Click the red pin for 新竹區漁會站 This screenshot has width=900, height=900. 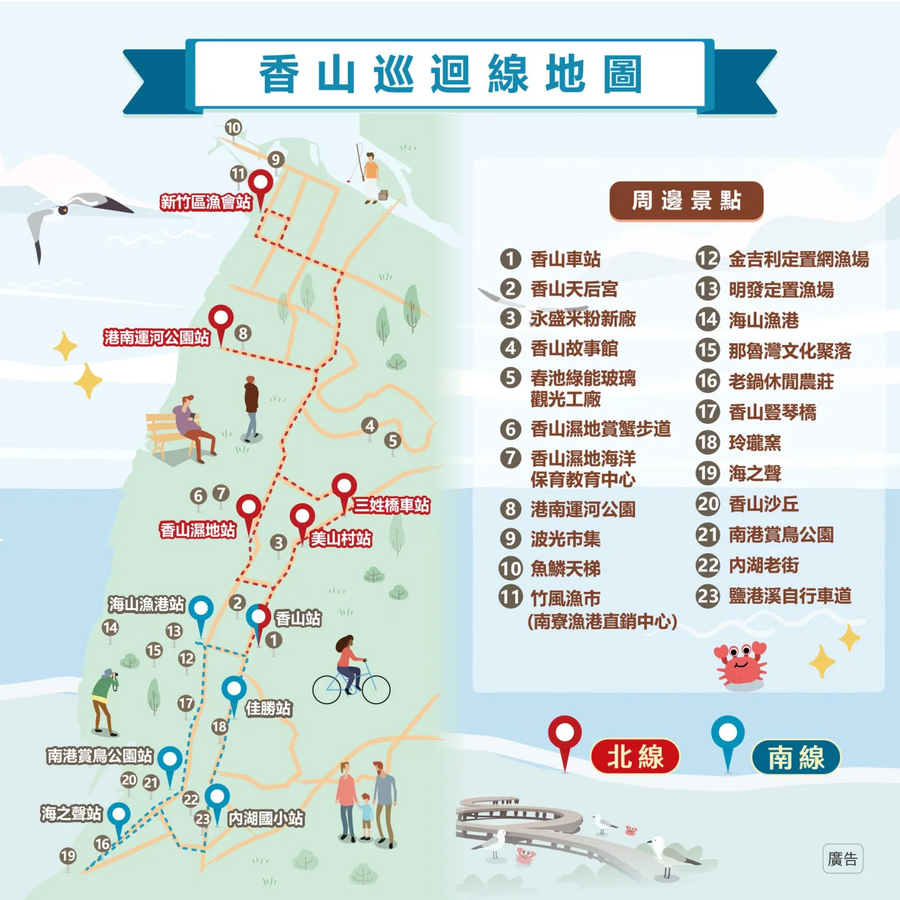(x=260, y=184)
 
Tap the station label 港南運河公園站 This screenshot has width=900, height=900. (x=156, y=337)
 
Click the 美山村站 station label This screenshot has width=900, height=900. (x=341, y=539)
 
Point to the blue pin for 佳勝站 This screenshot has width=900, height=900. (x=234, y=691)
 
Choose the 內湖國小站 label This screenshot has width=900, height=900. (x=266, y=818)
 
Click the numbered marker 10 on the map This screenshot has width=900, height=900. (x=233, y=128)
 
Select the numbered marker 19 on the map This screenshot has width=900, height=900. (x=67, y=856)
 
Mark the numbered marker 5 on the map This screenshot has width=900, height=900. (x=392, y=441)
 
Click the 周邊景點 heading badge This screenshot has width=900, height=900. (x=686, y=201)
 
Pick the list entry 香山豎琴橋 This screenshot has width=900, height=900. (x=772, y=412)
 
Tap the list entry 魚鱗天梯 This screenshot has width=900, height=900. (x=565, y=569)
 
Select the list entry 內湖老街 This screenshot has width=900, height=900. (x=764, y=566)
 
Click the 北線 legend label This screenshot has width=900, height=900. (x=635, y=757)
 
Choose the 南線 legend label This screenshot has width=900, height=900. (x=796, y=757)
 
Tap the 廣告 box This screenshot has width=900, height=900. (x=842, y=859)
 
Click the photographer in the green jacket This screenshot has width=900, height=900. (x=104, y=700)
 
